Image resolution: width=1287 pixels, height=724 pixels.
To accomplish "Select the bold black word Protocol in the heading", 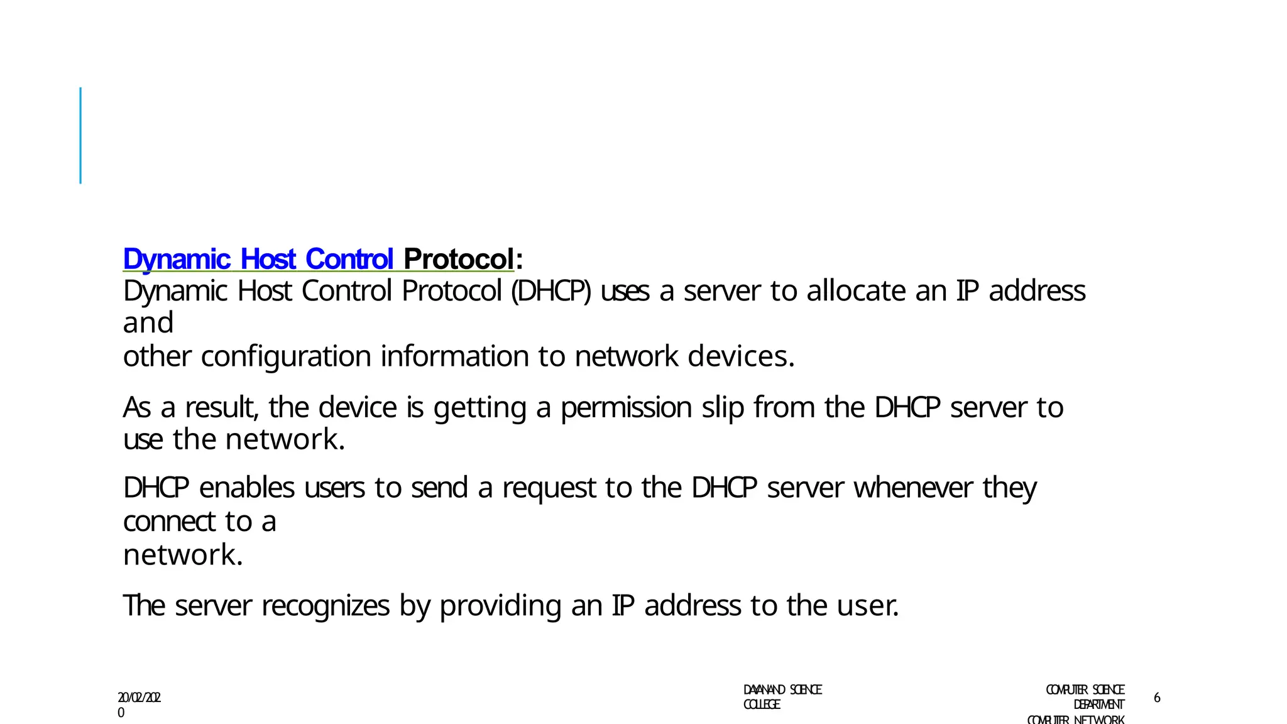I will pos(458,259).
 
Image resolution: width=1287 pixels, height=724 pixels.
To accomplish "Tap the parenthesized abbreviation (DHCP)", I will pos(551,291).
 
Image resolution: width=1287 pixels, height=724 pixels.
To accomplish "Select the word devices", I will pos(740,356).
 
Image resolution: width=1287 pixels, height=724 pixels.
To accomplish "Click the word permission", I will pos(626,407).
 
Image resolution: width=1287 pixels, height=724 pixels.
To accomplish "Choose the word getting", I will pos(479,407).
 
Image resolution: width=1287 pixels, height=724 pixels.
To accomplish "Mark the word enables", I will pos(246,488).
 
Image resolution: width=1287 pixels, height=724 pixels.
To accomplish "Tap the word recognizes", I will pos(325,606).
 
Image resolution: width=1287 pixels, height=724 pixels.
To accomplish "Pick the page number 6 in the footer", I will pos(1157,698).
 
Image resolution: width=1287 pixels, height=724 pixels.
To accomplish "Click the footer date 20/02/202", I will pos(140,698).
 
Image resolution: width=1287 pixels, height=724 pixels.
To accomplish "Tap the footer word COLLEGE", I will pos(762,705).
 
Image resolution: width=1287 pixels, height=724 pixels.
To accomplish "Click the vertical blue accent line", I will pos(80,135).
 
